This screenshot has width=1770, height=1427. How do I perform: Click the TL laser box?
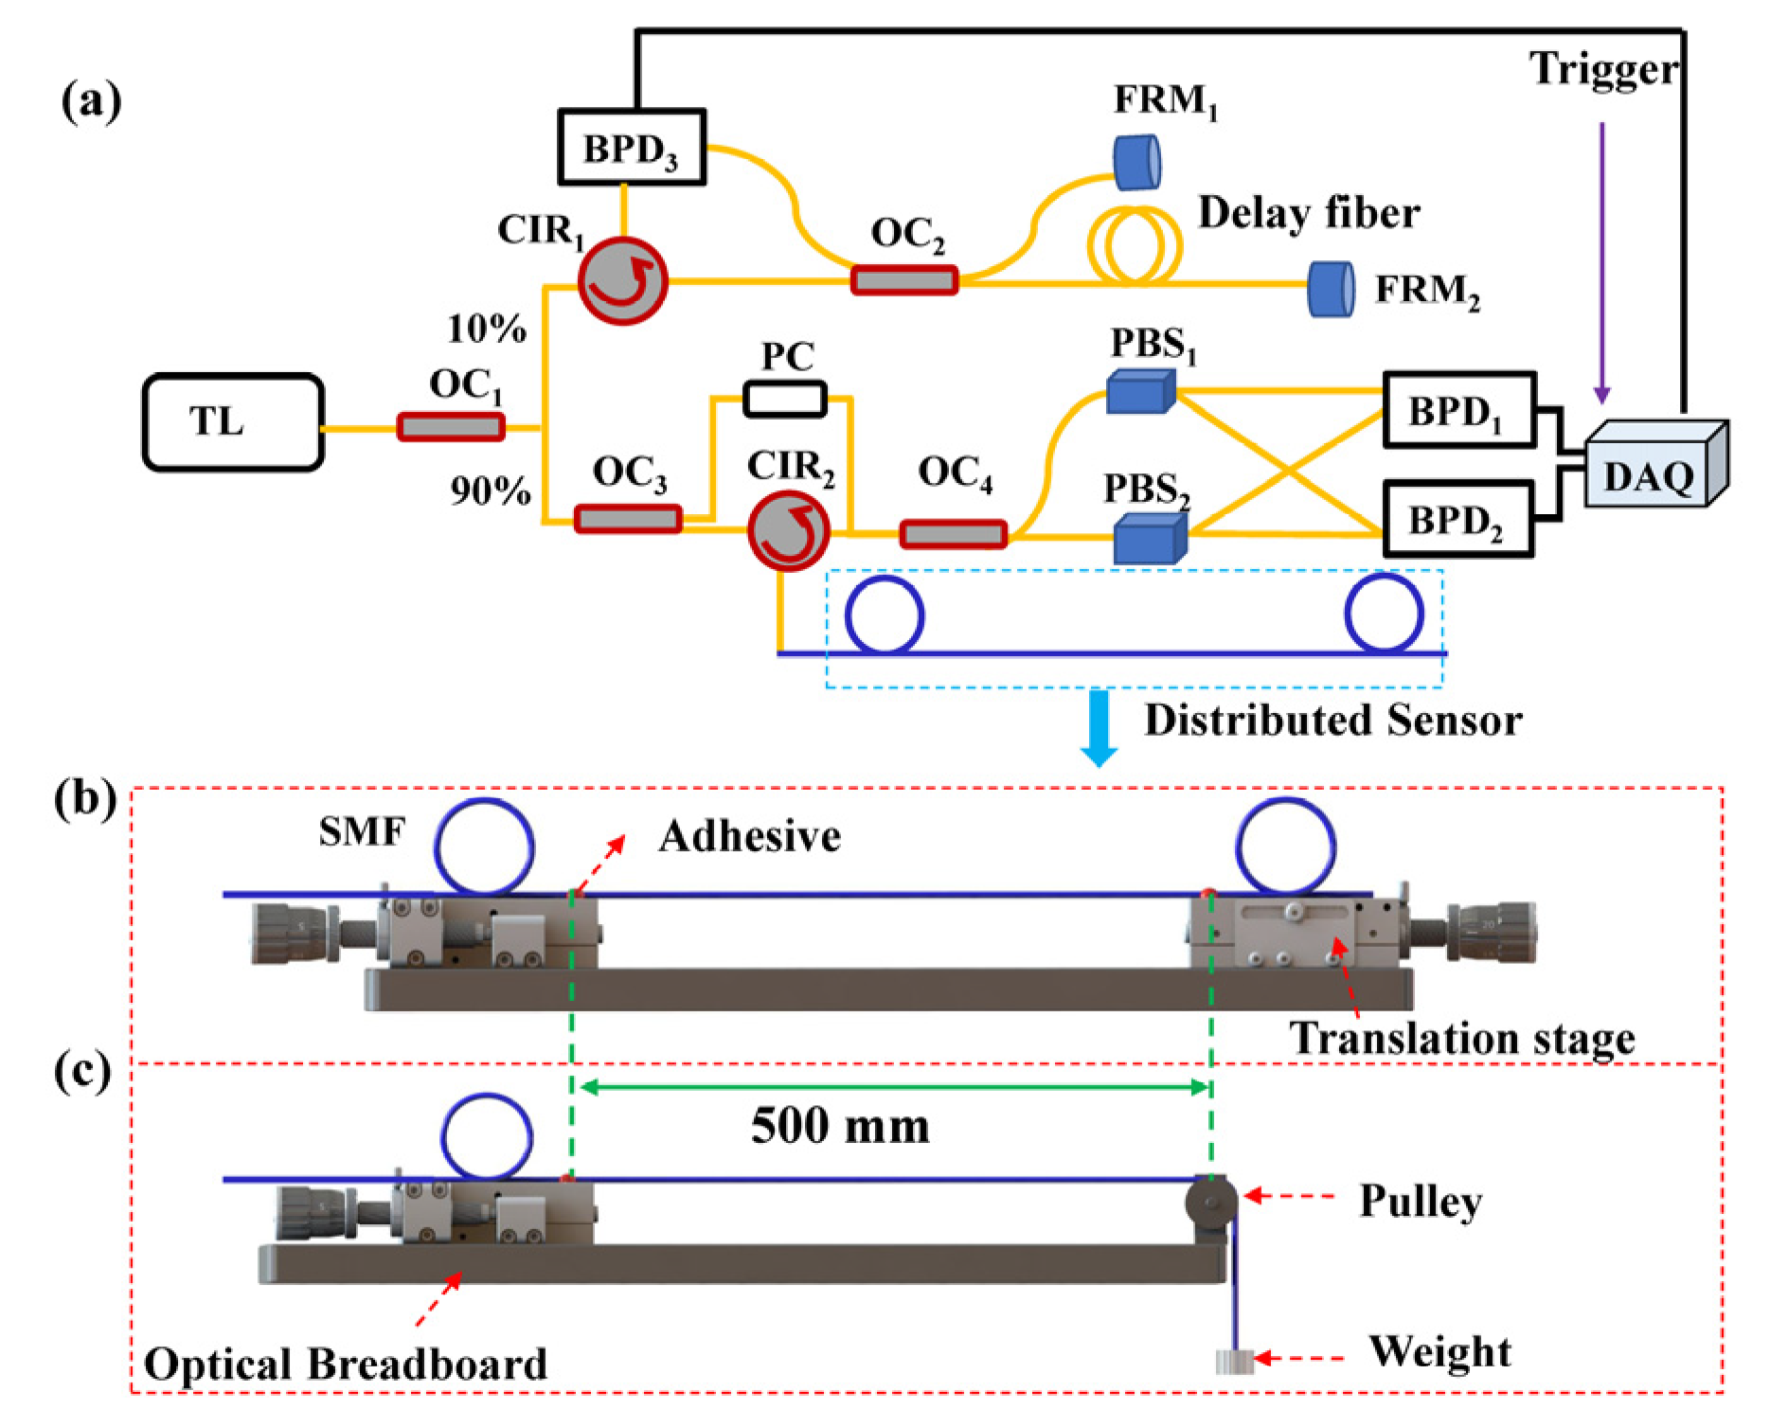[x=234, y=422]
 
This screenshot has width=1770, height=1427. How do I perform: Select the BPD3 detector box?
[x=632, y=147]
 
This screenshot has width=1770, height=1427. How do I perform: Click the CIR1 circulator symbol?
[x=622, y=281]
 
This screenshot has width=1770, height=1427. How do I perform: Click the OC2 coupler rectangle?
[x=903, y=280]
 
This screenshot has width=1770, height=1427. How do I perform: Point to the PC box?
[x=784, y=399]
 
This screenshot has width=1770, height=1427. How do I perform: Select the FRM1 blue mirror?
[x=1136, y=162]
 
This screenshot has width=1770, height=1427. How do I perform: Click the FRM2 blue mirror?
[x=1331, y=289]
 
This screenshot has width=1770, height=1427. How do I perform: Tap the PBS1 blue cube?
[x=1141, y=390]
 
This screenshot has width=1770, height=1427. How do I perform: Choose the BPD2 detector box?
[x=1457, y=519]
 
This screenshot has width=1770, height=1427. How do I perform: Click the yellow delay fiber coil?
[x=1135, y=245]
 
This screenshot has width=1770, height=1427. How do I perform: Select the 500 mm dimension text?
[x=840, y=1126]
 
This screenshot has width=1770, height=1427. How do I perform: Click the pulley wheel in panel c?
[x=1210, y=1202]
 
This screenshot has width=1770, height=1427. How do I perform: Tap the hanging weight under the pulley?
[x=1233, y=1361]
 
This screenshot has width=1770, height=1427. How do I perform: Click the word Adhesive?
[x=749, y=836]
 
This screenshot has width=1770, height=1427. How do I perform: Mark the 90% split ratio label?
[x=490, y=490]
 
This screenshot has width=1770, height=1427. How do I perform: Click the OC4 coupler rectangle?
[x=952, y=534]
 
